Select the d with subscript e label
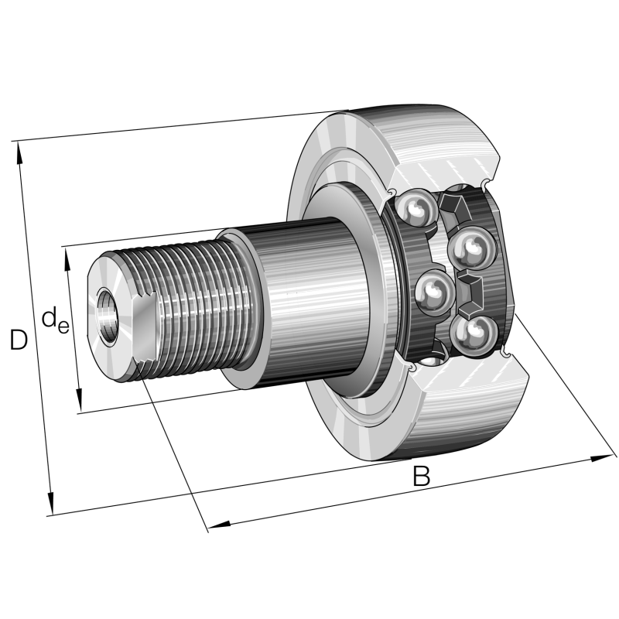point(55,319)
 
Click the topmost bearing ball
point(417,209)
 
